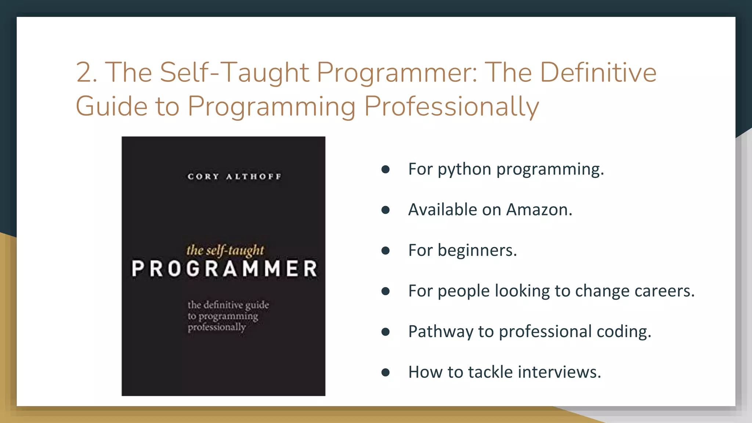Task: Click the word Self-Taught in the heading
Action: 234,72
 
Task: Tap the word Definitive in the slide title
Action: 598,72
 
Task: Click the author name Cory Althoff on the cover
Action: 234,177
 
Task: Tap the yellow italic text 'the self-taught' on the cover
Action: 225,250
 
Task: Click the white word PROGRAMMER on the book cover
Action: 224,269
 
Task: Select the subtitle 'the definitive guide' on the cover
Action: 228,305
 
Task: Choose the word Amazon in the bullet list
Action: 539,210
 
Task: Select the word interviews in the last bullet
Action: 559,372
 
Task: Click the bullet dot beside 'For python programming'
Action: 385,169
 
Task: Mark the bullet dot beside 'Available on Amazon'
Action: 385,210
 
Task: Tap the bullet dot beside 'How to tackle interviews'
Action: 385,373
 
